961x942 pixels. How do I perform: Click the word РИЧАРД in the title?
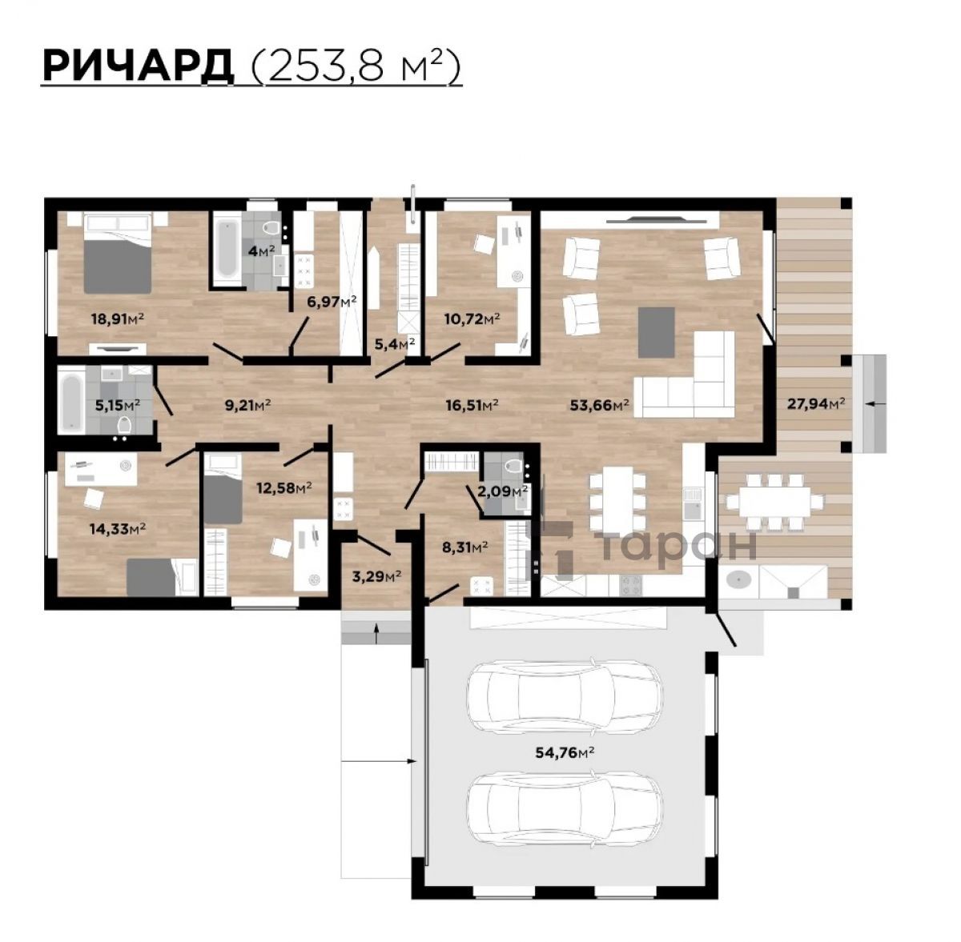[x=138, y=66]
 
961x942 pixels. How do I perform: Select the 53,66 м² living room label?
[x=599, y=405]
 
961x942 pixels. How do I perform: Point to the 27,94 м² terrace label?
[x=816, y=403]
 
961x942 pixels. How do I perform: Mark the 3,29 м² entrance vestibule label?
[x=377, y=577]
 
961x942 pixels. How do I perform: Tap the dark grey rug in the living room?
[x=657, y=332]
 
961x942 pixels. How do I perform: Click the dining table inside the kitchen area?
[x=617, y=499]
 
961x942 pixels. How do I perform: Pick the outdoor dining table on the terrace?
[x=774, y=501]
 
